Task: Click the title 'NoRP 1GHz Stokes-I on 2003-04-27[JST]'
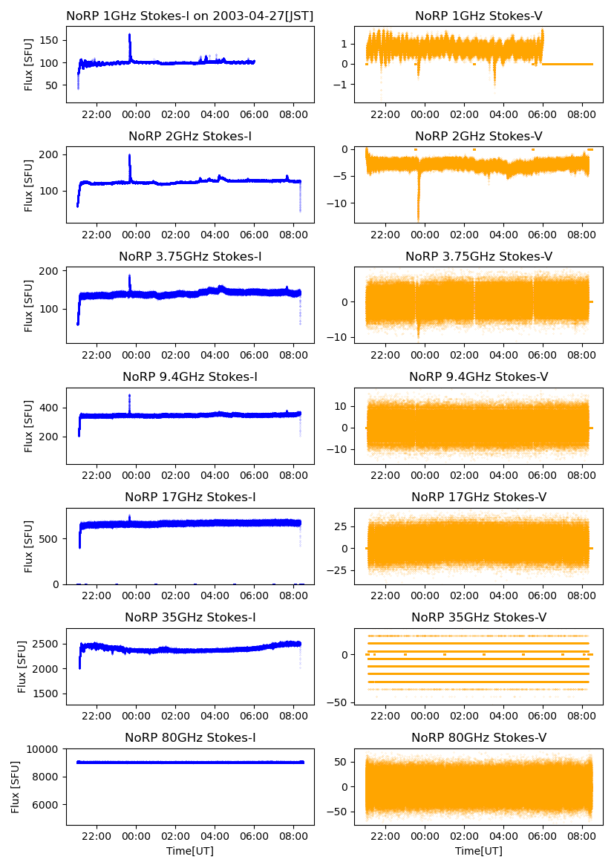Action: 189,16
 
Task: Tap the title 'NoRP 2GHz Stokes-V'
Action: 478,136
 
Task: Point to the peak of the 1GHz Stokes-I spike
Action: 130,35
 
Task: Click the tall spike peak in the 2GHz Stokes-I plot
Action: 130,155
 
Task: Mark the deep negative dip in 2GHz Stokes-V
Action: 418,218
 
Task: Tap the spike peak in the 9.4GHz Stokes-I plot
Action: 129,395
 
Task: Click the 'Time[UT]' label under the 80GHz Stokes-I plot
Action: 190,851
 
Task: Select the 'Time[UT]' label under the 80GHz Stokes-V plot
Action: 478,851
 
